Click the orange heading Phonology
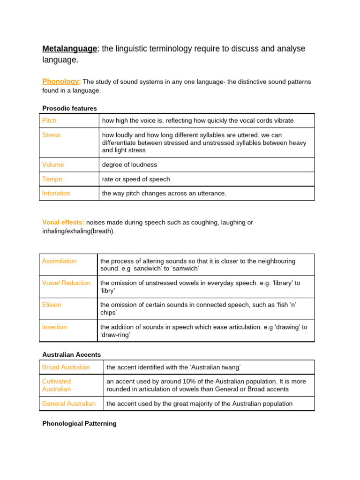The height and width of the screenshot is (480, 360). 61,82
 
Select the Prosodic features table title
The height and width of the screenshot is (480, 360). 69,108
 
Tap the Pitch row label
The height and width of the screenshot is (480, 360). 49,120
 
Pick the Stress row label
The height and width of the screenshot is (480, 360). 51,135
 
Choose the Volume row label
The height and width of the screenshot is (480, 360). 53,165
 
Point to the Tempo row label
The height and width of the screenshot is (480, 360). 52,179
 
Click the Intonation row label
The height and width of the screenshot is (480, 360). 56,193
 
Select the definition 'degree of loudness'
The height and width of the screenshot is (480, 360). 129,165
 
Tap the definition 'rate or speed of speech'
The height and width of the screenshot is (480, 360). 136,179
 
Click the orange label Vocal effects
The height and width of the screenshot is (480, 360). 63,222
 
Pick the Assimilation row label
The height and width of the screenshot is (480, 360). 59,261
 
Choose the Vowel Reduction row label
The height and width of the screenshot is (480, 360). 66,283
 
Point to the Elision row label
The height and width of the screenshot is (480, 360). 52,305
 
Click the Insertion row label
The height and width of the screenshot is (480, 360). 54,327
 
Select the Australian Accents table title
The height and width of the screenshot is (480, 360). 71,354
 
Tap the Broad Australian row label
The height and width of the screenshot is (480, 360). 66,367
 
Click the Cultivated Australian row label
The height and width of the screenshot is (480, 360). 57,385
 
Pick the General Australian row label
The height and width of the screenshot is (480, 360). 69,404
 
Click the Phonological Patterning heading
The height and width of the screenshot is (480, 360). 79,423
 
